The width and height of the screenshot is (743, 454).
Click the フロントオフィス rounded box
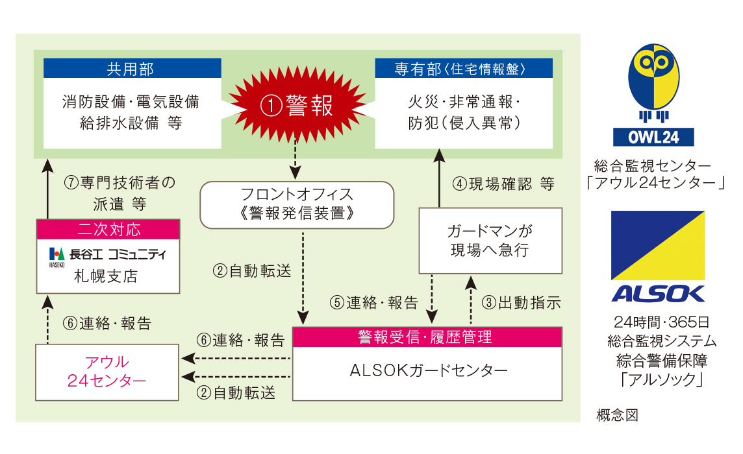point(297,203)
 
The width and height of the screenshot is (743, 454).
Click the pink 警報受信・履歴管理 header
point(426,337)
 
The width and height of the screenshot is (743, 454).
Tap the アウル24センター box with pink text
point(107,372)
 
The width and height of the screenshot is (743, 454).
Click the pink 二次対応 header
point(108,230)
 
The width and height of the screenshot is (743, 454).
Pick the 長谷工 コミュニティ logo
point(107,254)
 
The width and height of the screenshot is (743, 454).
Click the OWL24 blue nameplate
point(653,137)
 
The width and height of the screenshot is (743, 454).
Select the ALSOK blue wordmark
point(657,294)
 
